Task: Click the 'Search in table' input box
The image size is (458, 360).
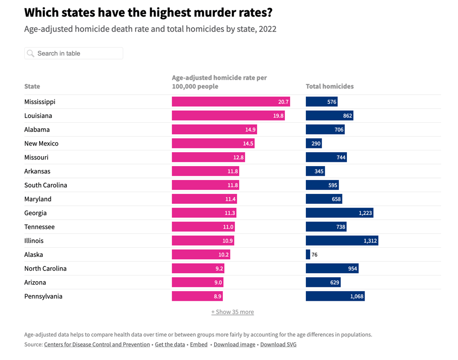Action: (x=76, y=53)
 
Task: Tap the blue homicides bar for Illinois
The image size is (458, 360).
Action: (x=342, y=241)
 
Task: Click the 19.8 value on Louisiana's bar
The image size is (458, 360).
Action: (x=279, y=116)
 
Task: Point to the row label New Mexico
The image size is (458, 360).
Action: (x=42, y=143)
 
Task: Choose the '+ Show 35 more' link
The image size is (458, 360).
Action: (x=232, y=312)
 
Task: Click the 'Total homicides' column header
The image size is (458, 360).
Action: (x=330, y=86)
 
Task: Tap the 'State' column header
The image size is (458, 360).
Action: (x=32, y=86)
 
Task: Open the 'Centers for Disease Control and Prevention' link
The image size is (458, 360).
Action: (x=97, y=344)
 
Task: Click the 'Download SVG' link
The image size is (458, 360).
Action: (x=278, y=344)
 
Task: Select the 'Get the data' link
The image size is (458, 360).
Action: (x=170, y=344)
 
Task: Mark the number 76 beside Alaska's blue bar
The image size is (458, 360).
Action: (x=314, y=254)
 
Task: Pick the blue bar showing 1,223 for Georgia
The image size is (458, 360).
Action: (x=339, y=213)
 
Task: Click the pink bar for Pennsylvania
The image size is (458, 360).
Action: (x=197, y=296)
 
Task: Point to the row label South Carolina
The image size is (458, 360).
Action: (x=46, y=185)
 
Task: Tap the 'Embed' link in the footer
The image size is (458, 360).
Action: (x=198, y=344)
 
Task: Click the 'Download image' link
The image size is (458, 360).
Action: (x=234, y=344)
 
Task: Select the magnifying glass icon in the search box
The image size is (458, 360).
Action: (x=31, y=53)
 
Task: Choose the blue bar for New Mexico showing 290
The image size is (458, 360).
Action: (x=313, y=143)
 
